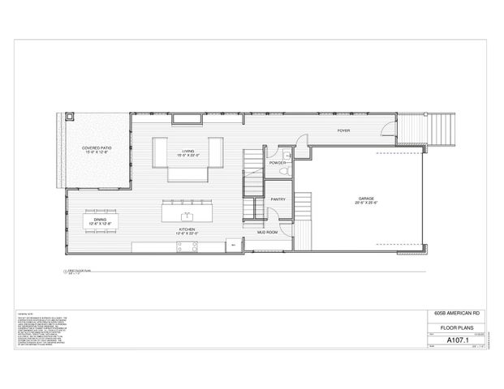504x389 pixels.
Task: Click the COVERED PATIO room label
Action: pyautogui.click(x=97, y=148)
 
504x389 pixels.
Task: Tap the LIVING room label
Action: pyautogui.click(x=187, y=151)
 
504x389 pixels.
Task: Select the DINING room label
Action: pyautogui.click(x=100, y=219)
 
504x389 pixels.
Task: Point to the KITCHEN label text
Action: pyautogui.click(x=188, y=231)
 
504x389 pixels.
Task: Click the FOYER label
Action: pyautogui.click(x=344, y=129)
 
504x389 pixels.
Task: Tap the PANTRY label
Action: pyautogui.click(x=276, y=198)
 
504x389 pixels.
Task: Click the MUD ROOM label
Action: pyautogui.click(x=268, y=232)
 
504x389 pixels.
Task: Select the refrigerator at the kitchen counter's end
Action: pyautogui.click(x=233, y=246)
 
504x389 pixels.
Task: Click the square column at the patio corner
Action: pyautogui.click(x=69, y=116)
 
